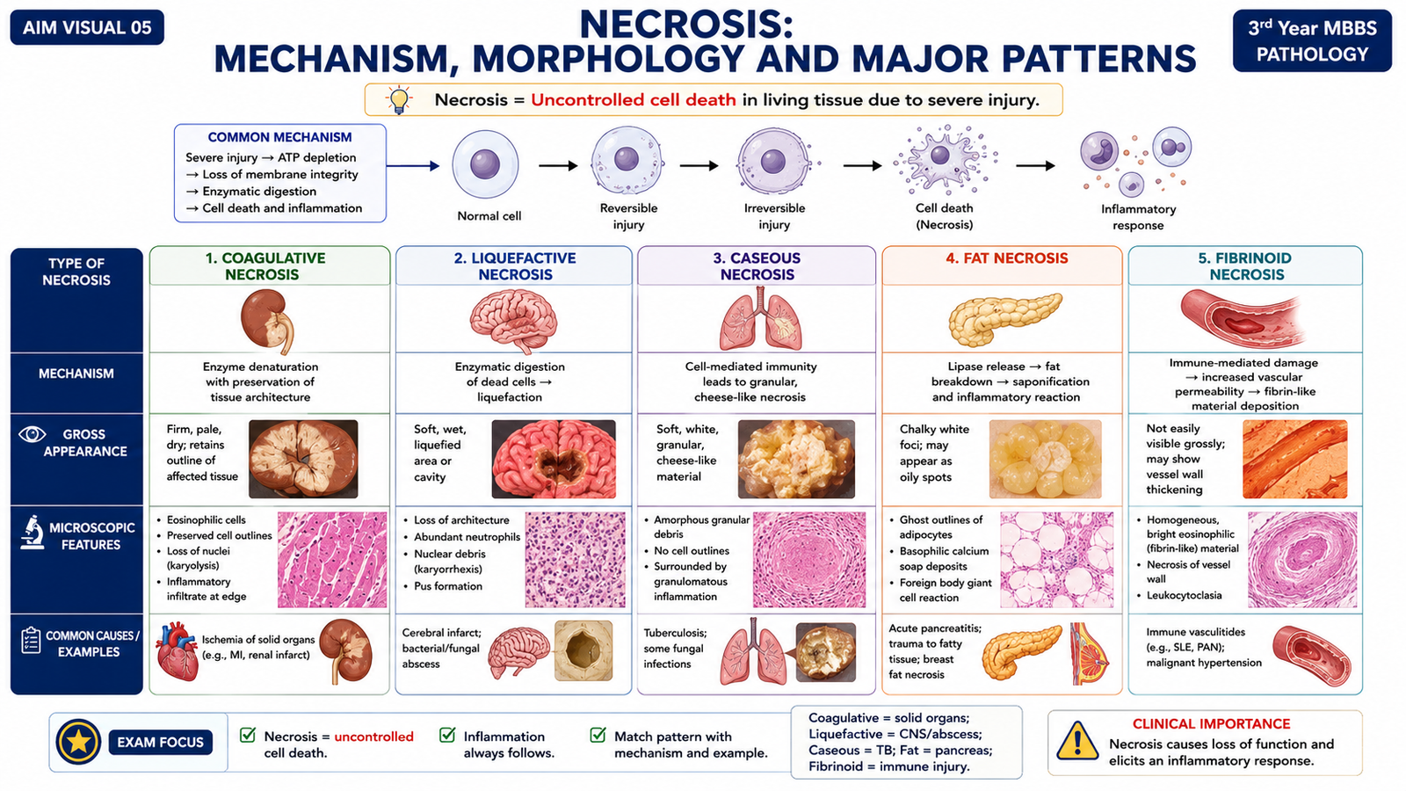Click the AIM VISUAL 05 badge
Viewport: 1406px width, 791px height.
coord(87,27)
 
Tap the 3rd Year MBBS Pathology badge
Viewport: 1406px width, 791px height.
coord(1311,40)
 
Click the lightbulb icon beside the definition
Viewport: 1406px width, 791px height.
coord(399,100)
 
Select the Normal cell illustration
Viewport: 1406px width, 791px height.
coord(485,165)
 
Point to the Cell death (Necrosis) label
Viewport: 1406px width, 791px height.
coord(944,216)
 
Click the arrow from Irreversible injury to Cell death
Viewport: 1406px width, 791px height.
coord(862,166)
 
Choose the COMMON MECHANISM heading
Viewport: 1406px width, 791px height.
coord(279,137)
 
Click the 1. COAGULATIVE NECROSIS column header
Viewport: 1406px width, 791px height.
coord(265,266)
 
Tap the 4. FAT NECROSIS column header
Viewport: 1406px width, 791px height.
coord(1007,258)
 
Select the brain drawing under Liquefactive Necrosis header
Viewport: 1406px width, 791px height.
coord(513,320)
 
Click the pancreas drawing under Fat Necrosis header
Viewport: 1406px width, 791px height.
coord(1004,320)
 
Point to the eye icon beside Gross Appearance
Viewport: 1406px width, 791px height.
coord(32,434)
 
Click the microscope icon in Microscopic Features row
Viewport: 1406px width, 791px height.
coord(32,533)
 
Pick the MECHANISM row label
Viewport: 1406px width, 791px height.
coord(76,374)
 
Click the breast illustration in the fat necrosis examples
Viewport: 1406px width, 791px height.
coord(1090,654)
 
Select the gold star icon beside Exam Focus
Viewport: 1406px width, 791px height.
coord(78,742)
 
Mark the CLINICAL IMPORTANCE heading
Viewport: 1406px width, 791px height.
coord(1211,724)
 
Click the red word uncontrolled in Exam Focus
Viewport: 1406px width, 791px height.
coord(373,737)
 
